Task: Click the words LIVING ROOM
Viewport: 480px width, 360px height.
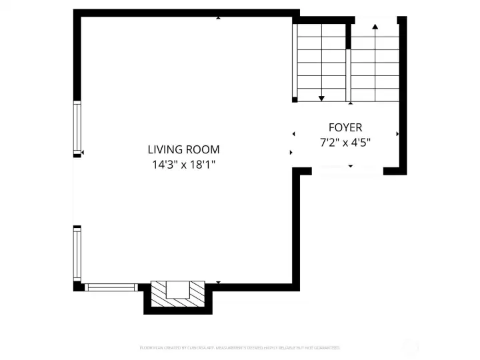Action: coord(183,150)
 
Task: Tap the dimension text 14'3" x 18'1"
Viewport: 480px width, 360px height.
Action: coord(183,164)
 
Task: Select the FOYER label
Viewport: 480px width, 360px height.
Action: coord(345,127)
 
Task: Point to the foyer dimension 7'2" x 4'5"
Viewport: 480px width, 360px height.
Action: coord(345,141)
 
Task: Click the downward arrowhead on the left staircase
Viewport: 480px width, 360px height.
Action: coord(321,98)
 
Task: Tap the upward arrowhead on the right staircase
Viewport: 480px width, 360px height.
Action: coord(375,27)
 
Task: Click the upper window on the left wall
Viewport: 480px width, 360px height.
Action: coord(77,127)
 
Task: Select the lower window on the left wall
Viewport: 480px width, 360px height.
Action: coord(77,253)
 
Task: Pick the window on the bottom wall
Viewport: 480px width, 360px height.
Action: coord(111,287)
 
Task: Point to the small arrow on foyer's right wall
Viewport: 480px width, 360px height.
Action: coord(397,134)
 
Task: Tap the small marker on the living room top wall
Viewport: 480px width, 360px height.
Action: coord(219,18)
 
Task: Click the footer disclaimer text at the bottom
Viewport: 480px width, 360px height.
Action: coord(240,347)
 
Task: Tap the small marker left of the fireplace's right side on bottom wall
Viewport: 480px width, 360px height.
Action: coord(219,283)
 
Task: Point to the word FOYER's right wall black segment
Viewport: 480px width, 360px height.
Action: coord(403,100)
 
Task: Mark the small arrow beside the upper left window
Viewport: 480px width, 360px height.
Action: coord(83,153)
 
